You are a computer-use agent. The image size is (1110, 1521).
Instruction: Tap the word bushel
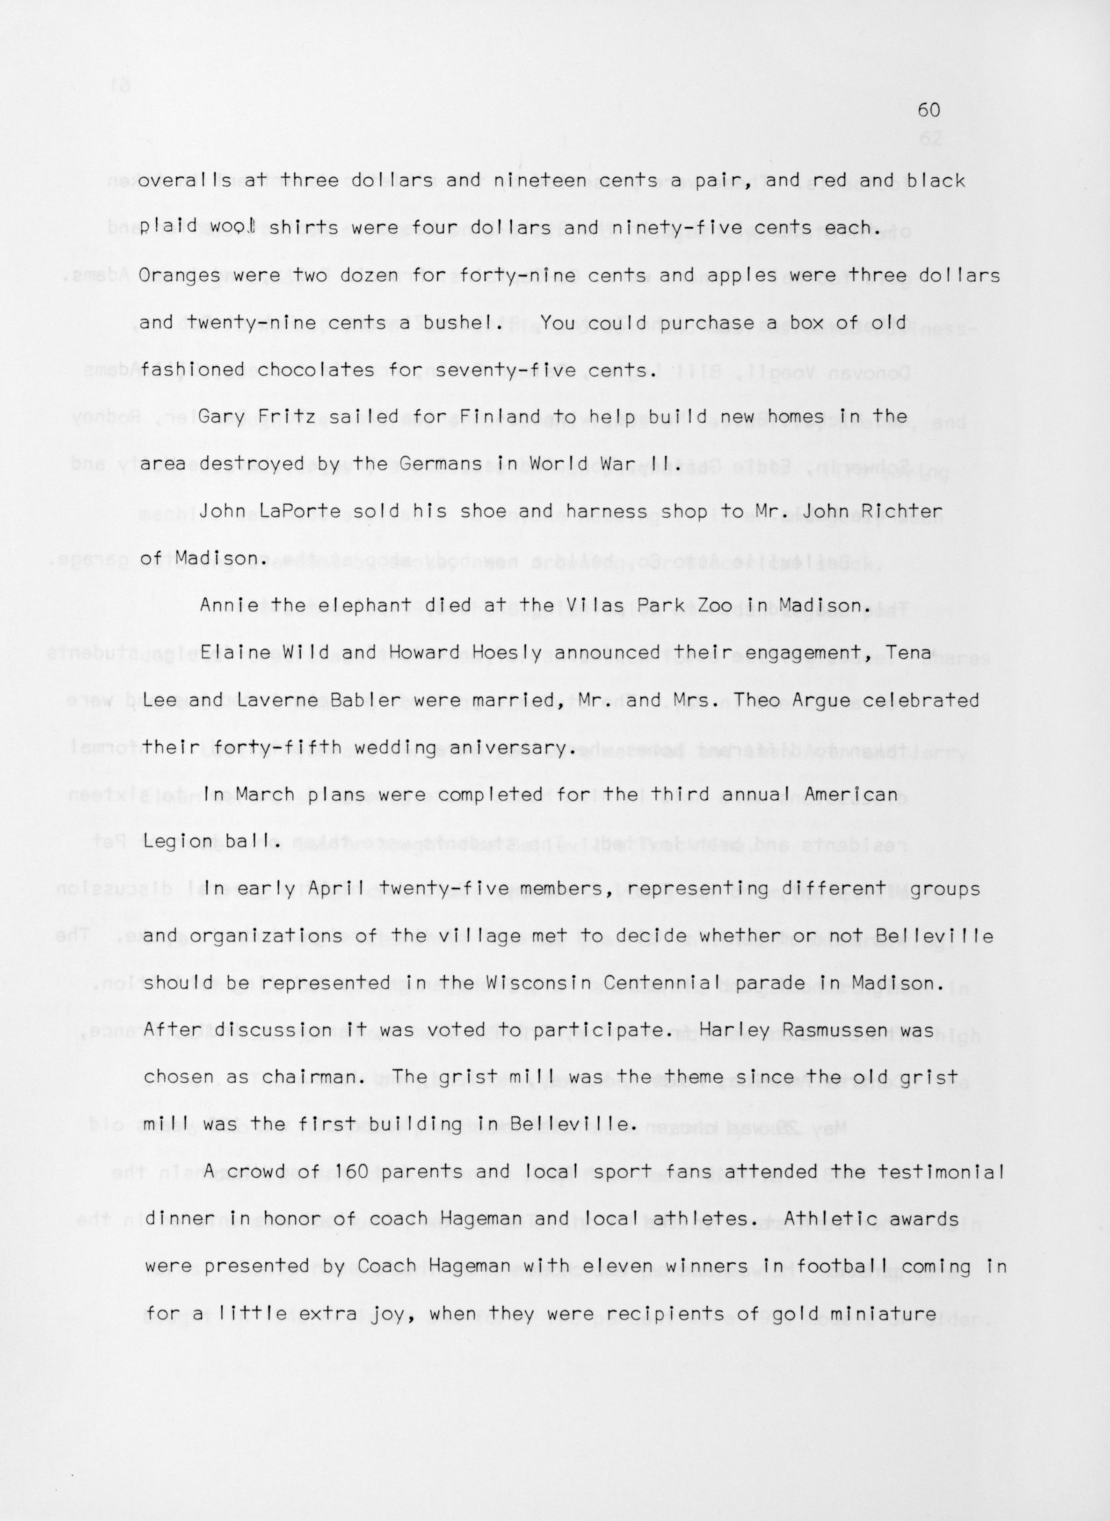470,323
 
